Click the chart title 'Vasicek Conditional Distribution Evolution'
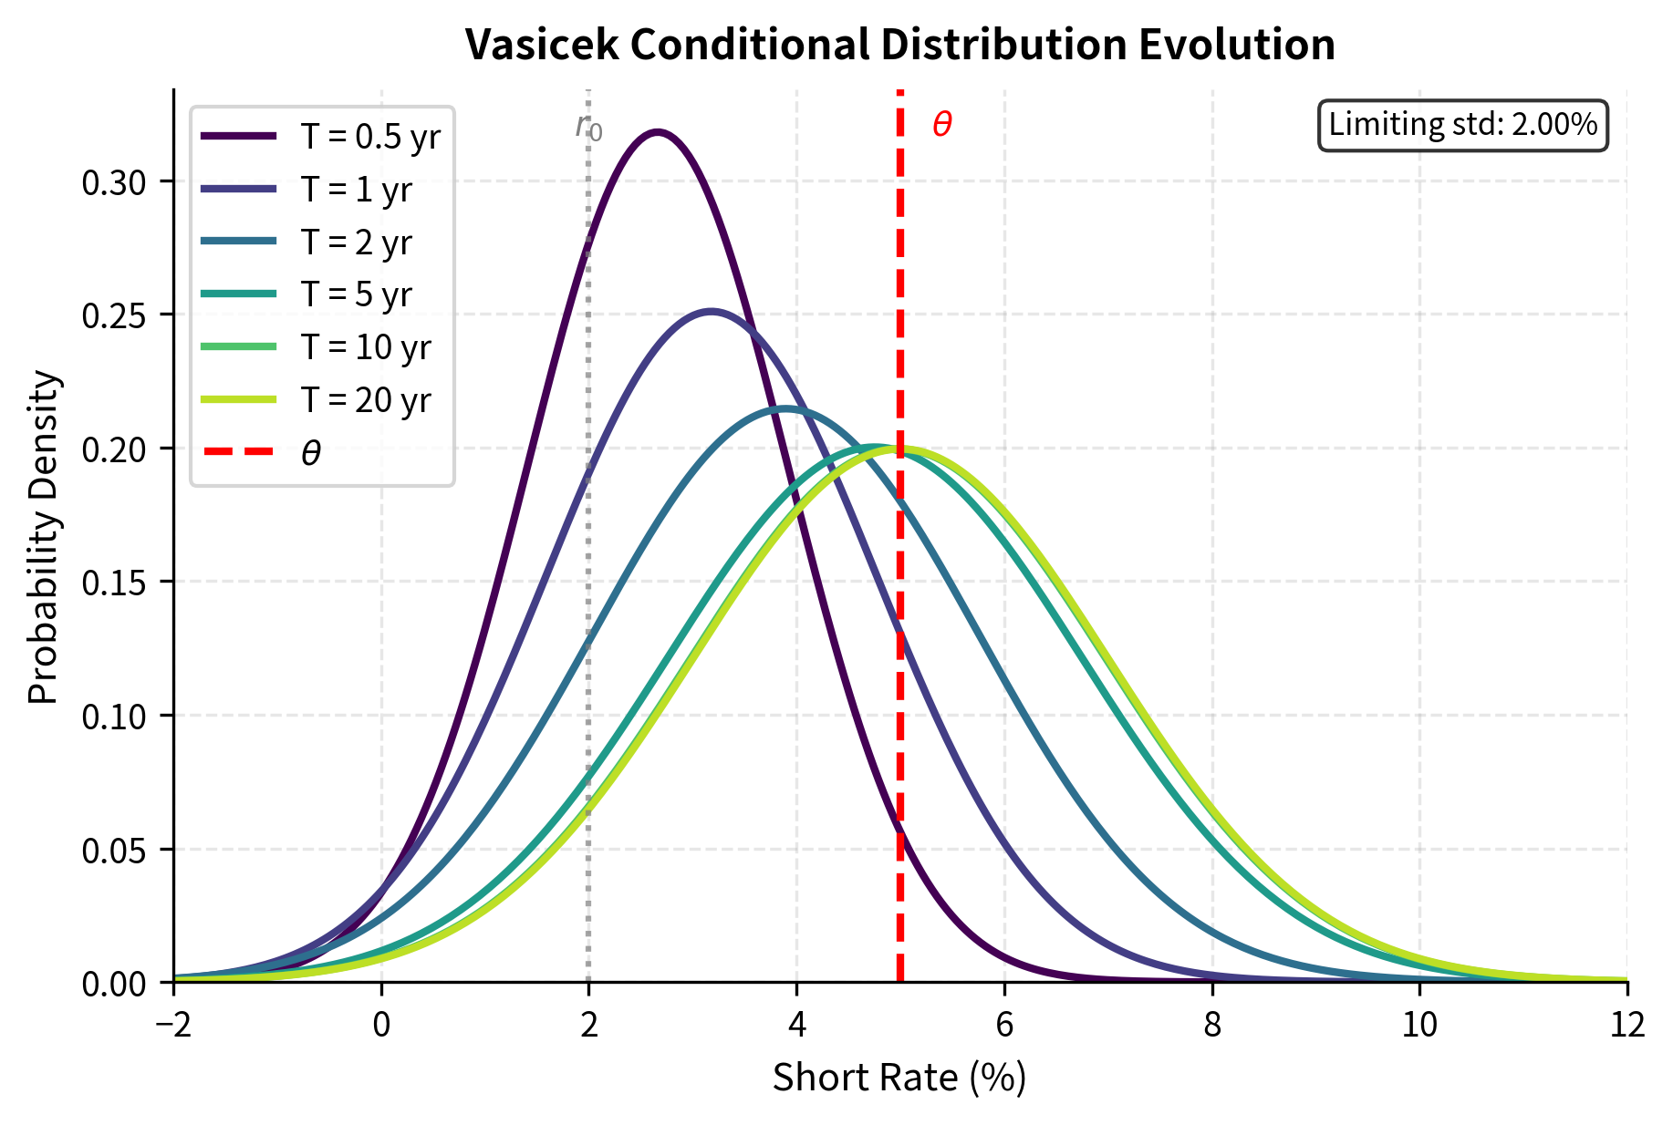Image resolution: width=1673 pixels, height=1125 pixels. [899, 45]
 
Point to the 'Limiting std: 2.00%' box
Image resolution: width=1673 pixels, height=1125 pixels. [1462, 125]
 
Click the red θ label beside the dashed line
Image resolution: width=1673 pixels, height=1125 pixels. [942, 125]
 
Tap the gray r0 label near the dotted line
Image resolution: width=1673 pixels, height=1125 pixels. [588, 127]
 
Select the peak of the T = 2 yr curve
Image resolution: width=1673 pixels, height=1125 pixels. [785, 408]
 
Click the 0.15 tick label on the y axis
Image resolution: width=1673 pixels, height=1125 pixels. [113, 583]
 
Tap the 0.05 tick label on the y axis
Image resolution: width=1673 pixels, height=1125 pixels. [113, 851]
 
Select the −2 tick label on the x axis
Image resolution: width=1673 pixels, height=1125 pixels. [173, 1026]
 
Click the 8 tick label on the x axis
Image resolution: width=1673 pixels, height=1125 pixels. [1211, 1026]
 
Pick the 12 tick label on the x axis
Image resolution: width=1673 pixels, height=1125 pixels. [1626, 1026]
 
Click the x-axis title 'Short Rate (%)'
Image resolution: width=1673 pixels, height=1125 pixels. [899, 1078]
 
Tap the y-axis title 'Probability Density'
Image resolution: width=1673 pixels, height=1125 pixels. [43, 537]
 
